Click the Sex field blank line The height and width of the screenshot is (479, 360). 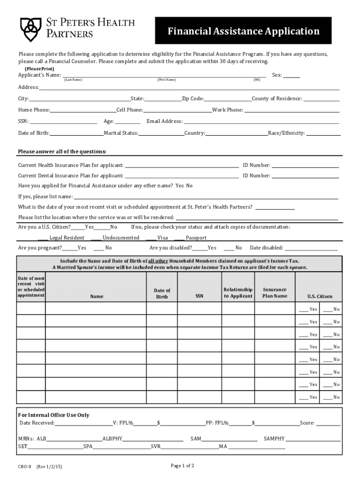(292, 75)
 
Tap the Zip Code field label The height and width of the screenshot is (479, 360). (193, 99)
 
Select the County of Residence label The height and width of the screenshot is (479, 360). (277, 99)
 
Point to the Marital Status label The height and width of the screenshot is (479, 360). (121, 133)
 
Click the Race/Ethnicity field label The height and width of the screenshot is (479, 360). (286, 133)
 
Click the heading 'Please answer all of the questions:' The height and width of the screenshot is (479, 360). (62, 152)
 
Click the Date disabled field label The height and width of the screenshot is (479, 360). (266, 248)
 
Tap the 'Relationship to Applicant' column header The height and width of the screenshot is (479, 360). (238, 293)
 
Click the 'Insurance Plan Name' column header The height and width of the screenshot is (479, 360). (274, 293)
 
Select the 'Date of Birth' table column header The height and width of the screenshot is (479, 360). (162, 294)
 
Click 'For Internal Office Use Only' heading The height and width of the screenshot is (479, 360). (53, 415)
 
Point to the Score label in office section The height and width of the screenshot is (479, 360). (307, 423)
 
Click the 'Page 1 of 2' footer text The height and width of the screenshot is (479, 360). (182, 466)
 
